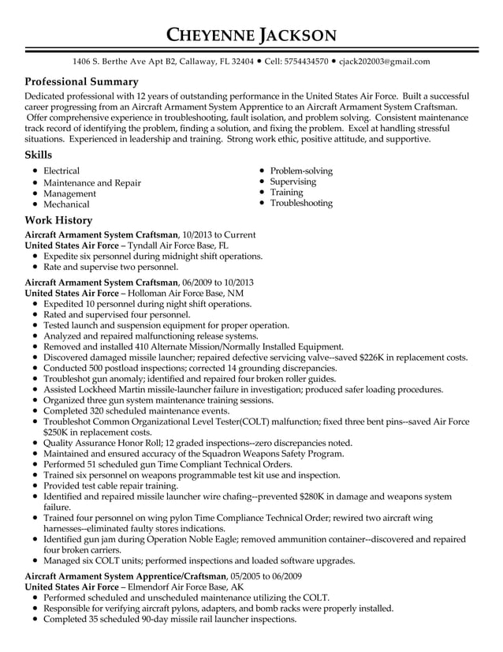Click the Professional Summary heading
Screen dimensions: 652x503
point(82,81)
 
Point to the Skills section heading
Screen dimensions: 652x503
point(39,155)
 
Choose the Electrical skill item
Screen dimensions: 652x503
point(61,170)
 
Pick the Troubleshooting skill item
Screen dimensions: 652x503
point(301,203)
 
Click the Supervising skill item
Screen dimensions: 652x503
point(293,182)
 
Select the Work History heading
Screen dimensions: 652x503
point(58,220)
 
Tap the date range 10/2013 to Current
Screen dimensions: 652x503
point(218,235)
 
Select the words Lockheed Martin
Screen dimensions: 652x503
point(113,389)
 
